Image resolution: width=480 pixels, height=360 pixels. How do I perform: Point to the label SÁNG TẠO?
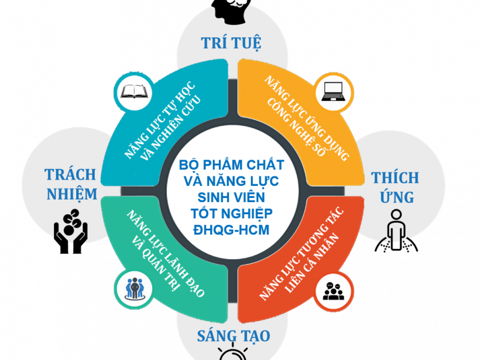233,335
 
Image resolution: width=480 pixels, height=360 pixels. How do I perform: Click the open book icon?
130,92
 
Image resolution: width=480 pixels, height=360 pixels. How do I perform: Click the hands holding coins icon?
70,226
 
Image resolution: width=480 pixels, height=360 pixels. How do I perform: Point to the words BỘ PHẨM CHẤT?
233,164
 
